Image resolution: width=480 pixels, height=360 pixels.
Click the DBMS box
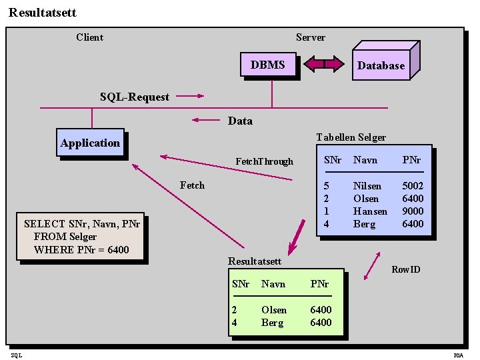click(x=268, y=65)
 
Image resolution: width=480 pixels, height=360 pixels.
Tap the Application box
click(x=90, y=143)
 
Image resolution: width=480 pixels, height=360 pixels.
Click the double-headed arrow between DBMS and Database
click(x=323, y=64)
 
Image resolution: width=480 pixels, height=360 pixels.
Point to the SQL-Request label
click(x=135, y=97)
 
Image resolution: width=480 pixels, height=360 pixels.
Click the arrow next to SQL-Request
click(x=190, y=96)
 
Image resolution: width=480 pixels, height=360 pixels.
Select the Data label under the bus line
click(x=240, y=121)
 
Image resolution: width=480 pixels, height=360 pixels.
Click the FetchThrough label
click(x=264, y=161)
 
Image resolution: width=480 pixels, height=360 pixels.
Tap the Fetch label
click(x=192, y=185)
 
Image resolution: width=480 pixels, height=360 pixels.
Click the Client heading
click(x=89, y=37)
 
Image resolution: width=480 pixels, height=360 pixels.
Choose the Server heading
click(x=311, y=37)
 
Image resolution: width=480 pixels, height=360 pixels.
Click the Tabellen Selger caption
click(x=351, y=137)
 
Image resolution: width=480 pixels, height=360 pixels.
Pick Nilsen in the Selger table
click(x=367, y=186)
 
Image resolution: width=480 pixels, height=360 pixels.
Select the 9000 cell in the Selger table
click(x=413, y=211)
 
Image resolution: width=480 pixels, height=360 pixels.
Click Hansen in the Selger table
click(x=370, y=211)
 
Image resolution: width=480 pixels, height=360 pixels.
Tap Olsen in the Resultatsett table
click(x=274, y=310)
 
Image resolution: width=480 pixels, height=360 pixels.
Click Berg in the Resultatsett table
click(x=272, y=323)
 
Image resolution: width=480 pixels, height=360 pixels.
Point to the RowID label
click(x=405, y=269)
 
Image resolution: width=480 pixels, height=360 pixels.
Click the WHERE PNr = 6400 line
click(x=81, y=249)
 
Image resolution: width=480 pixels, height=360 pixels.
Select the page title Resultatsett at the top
click(x=43, y=12)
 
